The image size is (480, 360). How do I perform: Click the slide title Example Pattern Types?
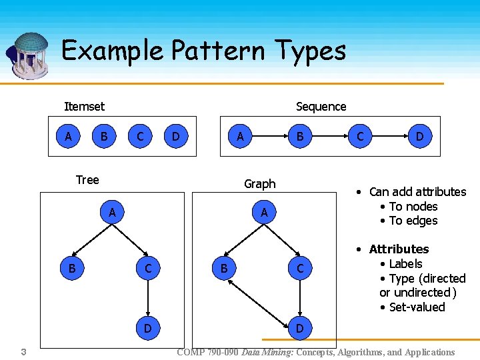[203, 51]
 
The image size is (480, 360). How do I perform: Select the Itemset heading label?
[84, 106]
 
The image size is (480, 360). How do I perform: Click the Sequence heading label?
[321, 107]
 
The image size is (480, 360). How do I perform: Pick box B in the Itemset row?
[103, 137]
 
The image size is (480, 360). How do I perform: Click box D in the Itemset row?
[175, 137]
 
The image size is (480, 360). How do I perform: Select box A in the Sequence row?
[239, 137]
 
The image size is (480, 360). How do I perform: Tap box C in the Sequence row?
[360, 137]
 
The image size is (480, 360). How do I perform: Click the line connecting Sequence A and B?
[269, 137]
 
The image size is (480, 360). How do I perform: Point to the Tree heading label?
[87, 179]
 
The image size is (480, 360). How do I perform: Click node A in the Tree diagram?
[113, 213]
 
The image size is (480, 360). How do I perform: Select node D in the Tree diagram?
[148, 328]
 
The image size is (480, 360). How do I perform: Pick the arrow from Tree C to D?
[148, 298]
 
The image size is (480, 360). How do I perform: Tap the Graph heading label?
[259, 183]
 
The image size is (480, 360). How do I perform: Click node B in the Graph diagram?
[224, 269]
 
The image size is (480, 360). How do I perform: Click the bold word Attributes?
[399, 249]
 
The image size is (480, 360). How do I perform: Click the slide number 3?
[23, 351]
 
